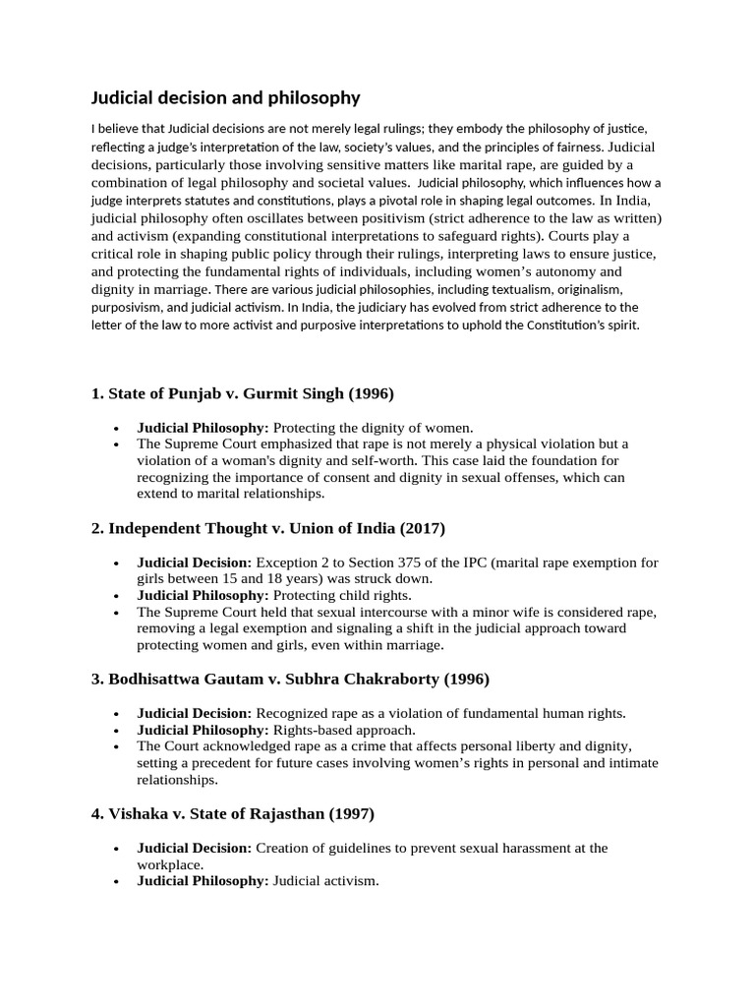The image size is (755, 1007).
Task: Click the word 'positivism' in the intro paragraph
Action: pos(463,217)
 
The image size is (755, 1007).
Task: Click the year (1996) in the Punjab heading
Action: pos(365,393)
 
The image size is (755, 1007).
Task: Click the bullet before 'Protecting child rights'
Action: pos(116,596)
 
